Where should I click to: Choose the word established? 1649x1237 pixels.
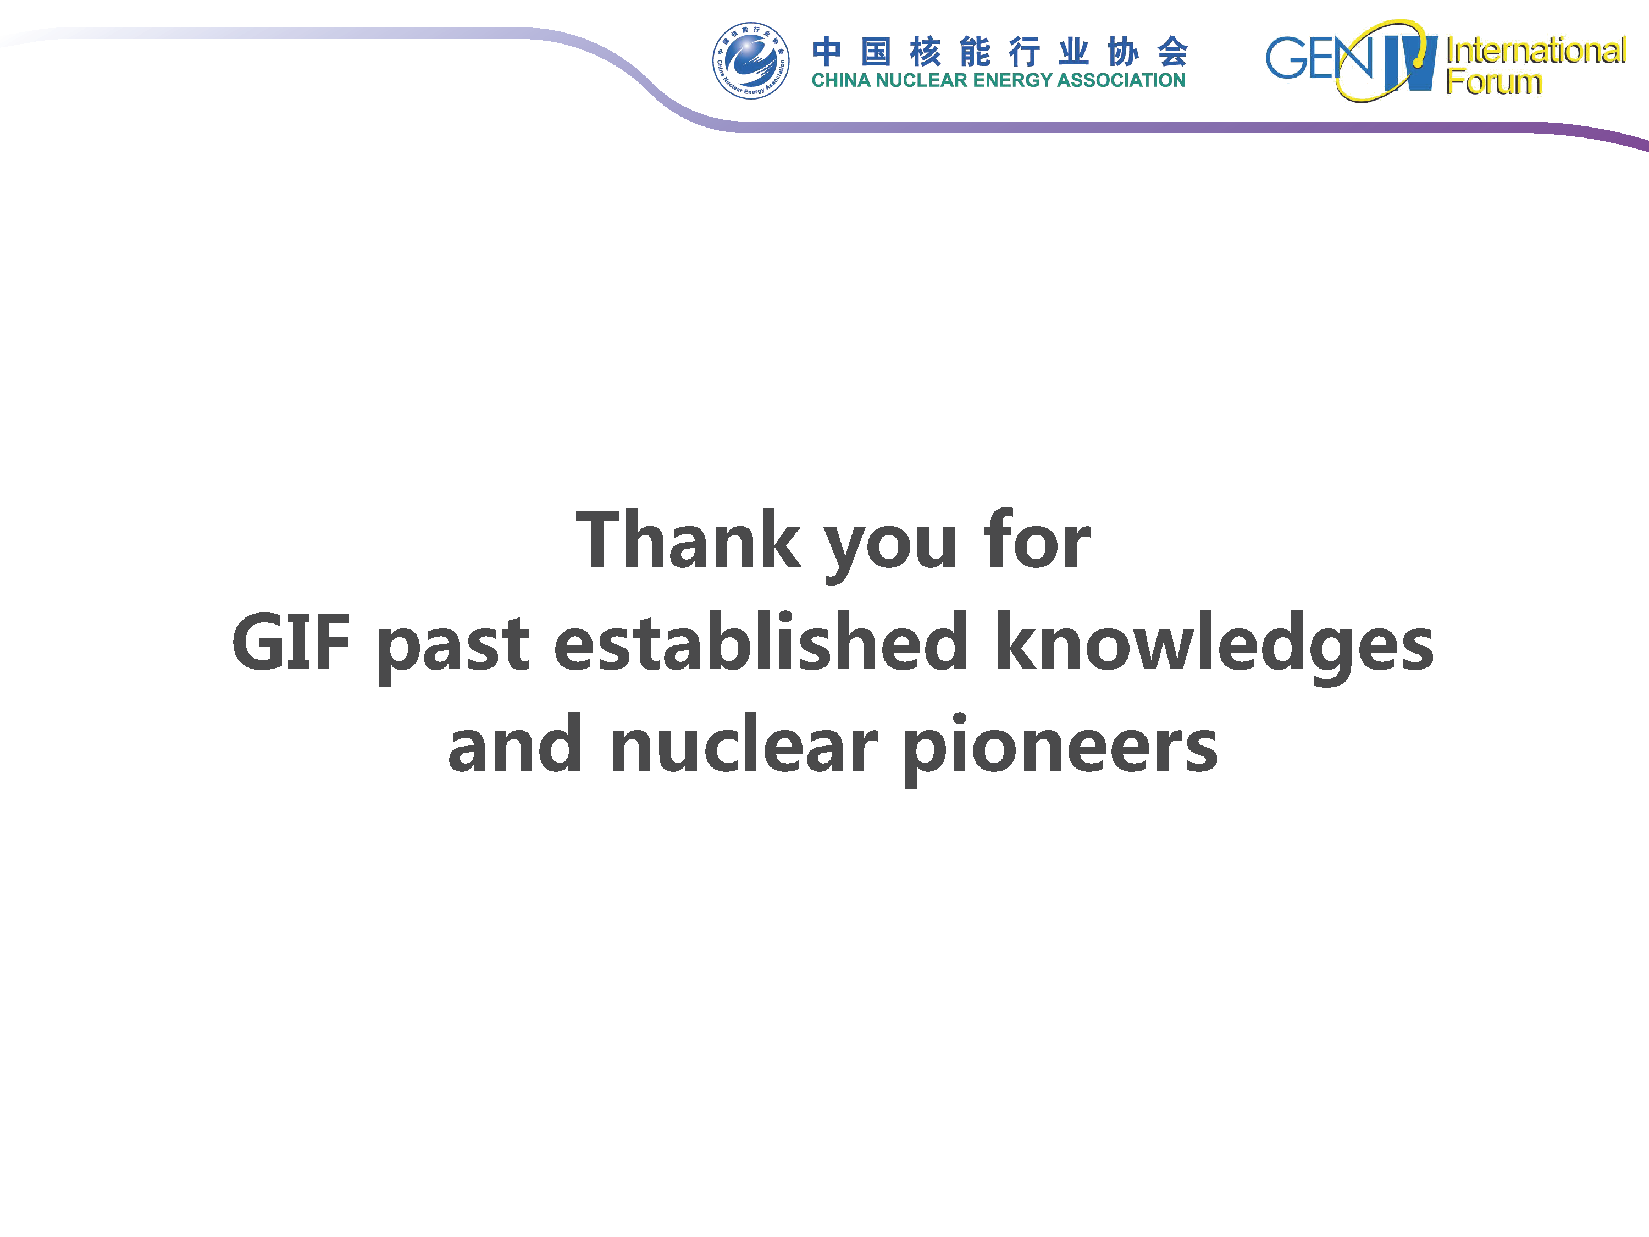click(760, 640)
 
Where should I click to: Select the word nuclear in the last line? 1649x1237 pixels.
click(744, 743)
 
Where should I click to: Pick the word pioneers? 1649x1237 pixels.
click(1060, 749)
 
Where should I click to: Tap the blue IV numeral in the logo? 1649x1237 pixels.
click(1410, 63)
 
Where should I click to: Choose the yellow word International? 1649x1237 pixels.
click(1536, 51)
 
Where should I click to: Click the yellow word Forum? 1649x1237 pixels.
click(1493, 81)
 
